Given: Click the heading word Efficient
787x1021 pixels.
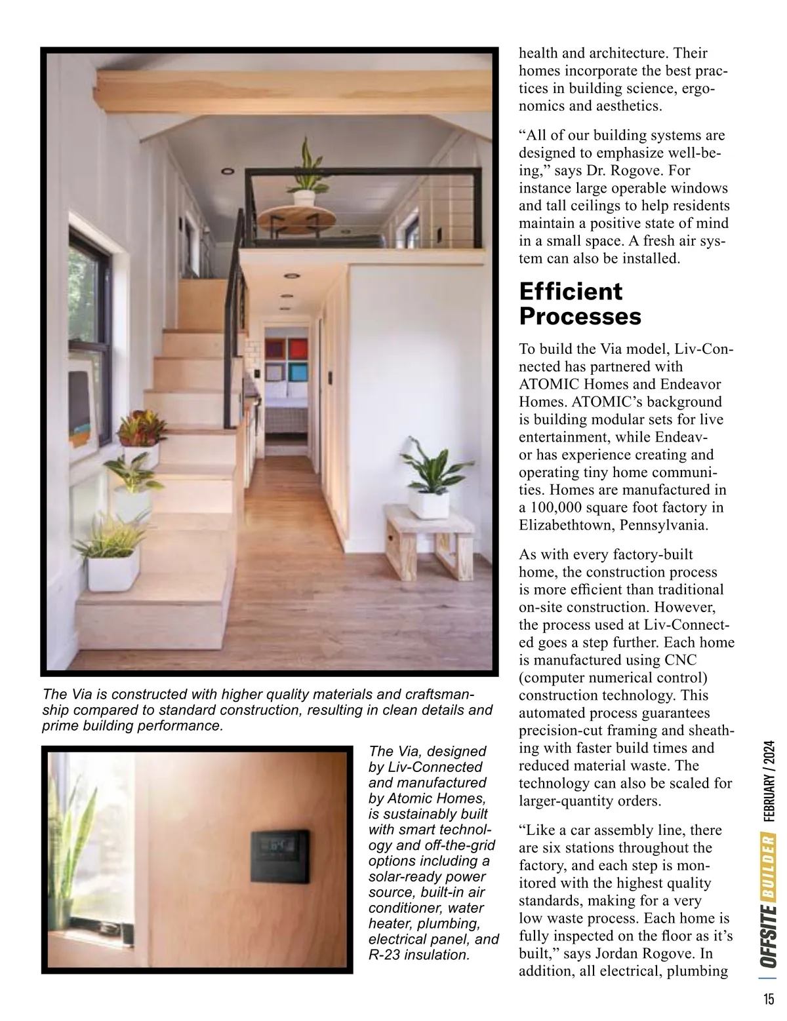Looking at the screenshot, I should click(x=571, y=291).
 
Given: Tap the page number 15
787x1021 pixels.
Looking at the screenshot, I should click(x=768, y=999).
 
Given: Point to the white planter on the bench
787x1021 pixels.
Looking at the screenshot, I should click(x=428, y=501).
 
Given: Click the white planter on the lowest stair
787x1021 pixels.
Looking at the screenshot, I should click(x=113, y=568).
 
